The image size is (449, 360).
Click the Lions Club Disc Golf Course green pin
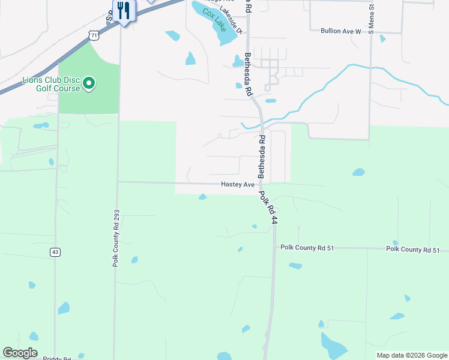(89, 83)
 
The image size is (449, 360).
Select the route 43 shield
(55, 252)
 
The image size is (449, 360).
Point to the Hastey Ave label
(238, 185)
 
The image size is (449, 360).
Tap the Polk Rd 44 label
(268, 208)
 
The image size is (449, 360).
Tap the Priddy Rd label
(58, 358)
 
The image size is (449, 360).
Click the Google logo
(20, 353)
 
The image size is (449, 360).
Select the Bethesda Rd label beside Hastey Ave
(262, 156)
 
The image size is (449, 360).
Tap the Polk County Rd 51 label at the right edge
(413, 250)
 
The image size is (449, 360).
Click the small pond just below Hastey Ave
(203, 197)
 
